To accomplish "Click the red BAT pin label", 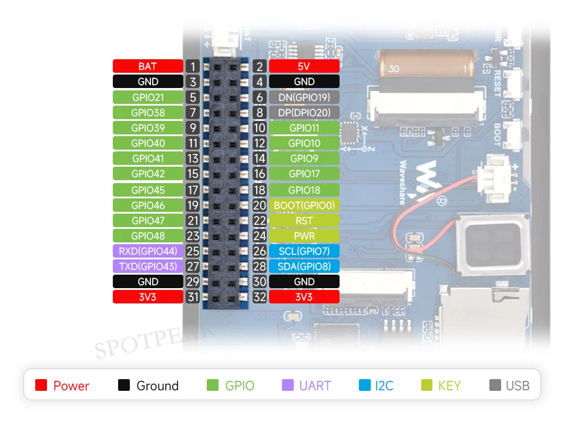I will pos(147,66).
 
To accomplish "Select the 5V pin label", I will pos(304,66).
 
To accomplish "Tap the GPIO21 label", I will pos(147,97).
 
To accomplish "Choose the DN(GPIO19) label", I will pos(304,97).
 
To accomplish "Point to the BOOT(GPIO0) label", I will pos(304,205).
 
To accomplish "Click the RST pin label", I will pos(304,221).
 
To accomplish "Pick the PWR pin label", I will pos(304,236).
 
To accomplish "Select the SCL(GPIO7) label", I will pos(304,251).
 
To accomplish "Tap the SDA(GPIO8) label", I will pos(304,266).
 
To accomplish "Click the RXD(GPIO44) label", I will pos(147,251).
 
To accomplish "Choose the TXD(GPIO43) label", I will pos(147,266).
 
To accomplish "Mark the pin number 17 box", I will pos(193,190).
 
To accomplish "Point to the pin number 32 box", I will pos(260,297).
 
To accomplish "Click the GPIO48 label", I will pos(147,236).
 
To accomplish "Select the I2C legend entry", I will pos(376,386).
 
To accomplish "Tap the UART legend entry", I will pos(307,386).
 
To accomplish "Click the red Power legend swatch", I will pos(41,386).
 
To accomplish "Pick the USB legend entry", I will pos(509,386).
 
